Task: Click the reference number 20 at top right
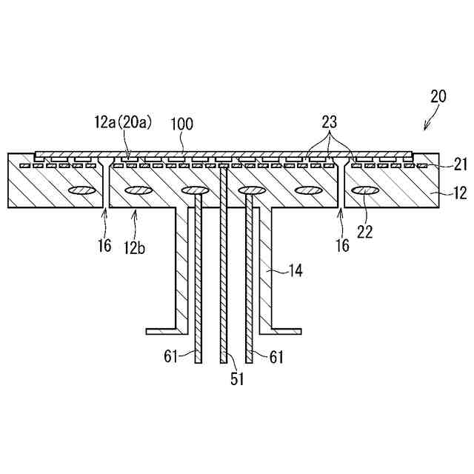point(438,96)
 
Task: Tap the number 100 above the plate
point(181,123)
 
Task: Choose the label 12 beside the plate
point(459,194)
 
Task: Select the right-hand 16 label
point(341,245)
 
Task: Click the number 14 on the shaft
point(295,271)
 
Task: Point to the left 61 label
point(172,358)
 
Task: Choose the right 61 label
point(276,358)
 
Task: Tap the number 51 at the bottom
point(236,380)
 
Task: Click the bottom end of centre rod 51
point(224,361)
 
